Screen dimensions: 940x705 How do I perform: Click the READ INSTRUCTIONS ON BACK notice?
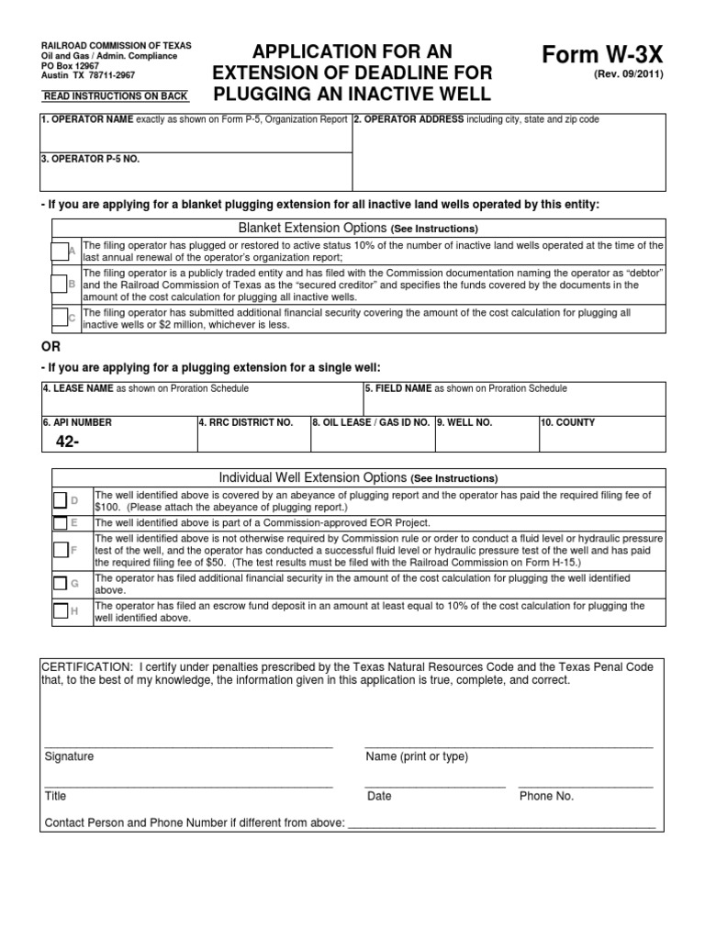(116, 95)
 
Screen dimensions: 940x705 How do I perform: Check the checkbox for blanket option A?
(61, 251)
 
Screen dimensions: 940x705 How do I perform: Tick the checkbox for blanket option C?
(61, 318)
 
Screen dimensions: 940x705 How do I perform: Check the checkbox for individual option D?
(61, 500)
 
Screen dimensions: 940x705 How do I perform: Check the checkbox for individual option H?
(61, 611)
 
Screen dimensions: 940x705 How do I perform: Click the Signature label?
(69, 756)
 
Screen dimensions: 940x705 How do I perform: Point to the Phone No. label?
(546, 796)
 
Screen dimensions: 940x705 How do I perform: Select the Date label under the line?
(379, 796)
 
